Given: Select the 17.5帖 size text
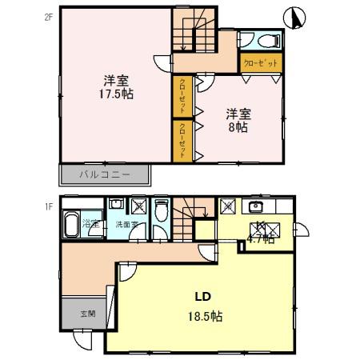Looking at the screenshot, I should pyautogui.click(x=117, y=94).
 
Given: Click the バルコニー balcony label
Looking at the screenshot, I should pyautogui.click(x=105, y=174).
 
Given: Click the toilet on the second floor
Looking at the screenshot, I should pyautogui.click(x=261, y=41).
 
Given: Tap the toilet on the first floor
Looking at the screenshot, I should pyautogui.click(x=162, y=212).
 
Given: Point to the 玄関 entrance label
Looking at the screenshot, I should pyautogui.click(x=88, y=313).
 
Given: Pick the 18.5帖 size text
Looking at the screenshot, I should pyautogui.click(x=203, y=315).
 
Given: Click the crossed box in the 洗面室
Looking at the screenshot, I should pyautogui.click(x=138, y=206).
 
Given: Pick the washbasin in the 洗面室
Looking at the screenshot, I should pyautogui.click(x=116, y=205).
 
